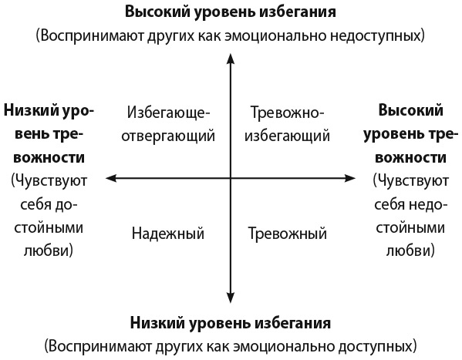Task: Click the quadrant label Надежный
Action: (168, 234)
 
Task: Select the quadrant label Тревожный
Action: (287, 234)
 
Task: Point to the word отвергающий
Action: (168, 136)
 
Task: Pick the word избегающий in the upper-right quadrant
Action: (287, 136)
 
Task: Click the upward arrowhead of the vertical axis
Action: (231, 59)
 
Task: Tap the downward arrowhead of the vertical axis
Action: (231, 298)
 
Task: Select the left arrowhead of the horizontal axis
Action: (111, 178)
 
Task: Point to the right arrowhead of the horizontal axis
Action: (349, 178)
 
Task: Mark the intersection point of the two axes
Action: (231, 178)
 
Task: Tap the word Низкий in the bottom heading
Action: (157, 323)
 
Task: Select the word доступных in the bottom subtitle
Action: (375, 346)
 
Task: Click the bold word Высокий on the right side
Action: (411, 110)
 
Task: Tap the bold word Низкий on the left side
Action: (30, 110)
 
